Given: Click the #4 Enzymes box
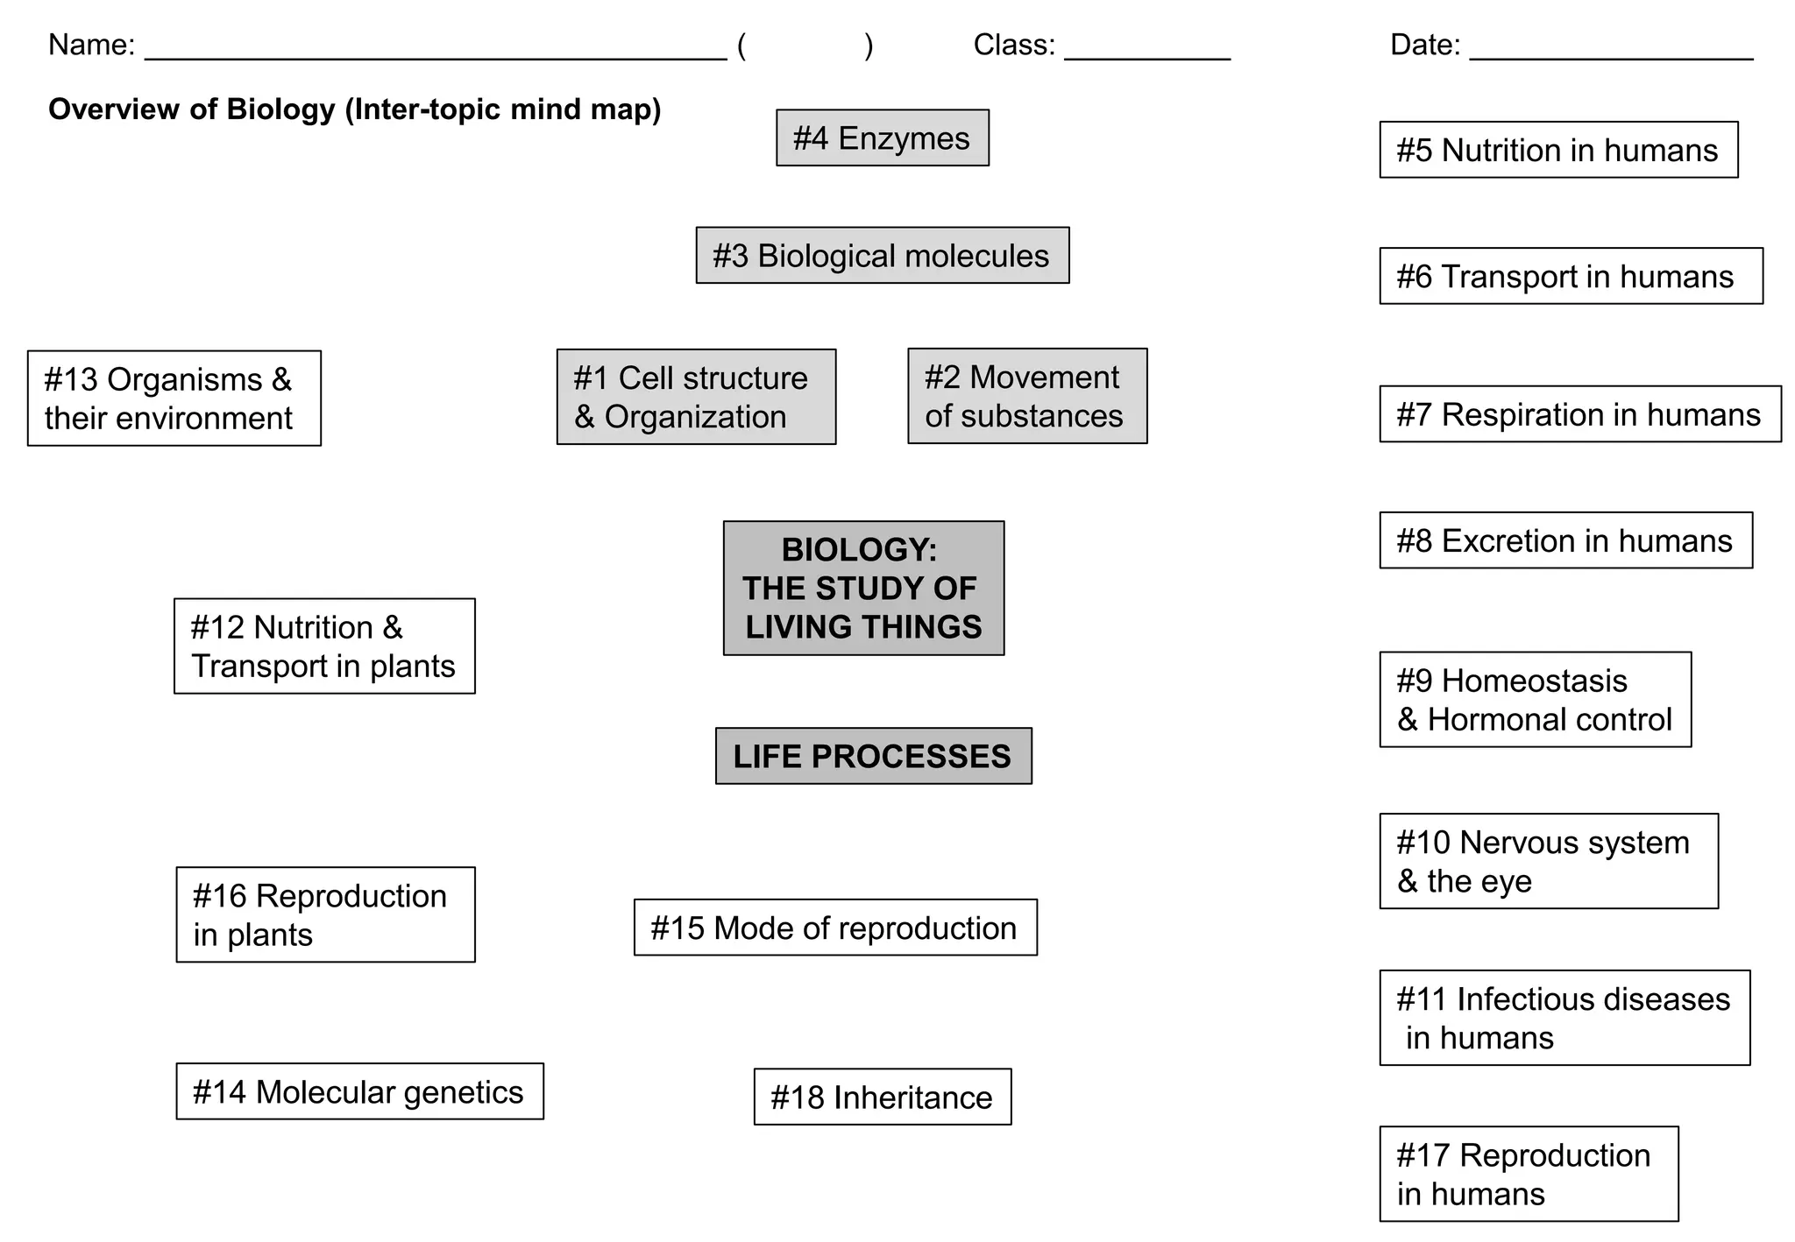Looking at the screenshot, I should click(x=882, y=138).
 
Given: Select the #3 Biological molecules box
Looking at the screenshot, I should click(x=882, y=256).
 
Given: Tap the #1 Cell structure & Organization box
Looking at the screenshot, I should click(x=696, y=398).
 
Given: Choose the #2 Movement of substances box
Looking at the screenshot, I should click(x=1027, y=397).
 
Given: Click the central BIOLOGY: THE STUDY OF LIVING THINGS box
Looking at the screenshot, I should click(x=863, y=589).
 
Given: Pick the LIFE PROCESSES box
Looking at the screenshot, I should click(x=873, y=756).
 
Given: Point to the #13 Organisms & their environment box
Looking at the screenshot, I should click(x=174, y=399).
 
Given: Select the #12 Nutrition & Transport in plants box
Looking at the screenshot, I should click(x=324, y=646).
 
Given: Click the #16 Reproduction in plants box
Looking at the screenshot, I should click(x=325, y=915).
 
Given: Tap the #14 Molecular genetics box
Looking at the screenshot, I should click(x=359, y=1092).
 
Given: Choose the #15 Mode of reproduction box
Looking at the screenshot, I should click(x=835, y=928).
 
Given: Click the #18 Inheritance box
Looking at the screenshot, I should click(x=882, y=1097).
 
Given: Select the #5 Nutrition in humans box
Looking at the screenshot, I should click(x=1558, y=150).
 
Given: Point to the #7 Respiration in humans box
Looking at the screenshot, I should click(x=1579, y=414).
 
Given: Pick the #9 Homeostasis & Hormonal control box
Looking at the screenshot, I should click(x=1535, y=700).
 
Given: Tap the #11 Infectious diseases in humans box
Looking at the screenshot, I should click(x=1564, y=1018).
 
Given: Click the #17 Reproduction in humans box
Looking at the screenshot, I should click(x=1529, y=1175).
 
